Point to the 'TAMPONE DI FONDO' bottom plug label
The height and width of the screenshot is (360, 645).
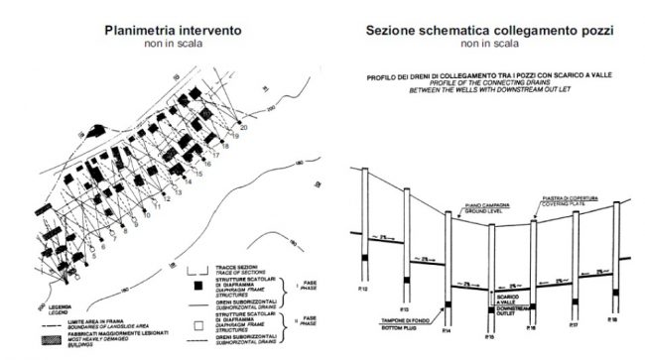click(x=405, y=319)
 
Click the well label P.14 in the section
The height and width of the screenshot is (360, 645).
click(x=449, y=329)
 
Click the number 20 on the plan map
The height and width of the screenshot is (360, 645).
click(x=244, y=126)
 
